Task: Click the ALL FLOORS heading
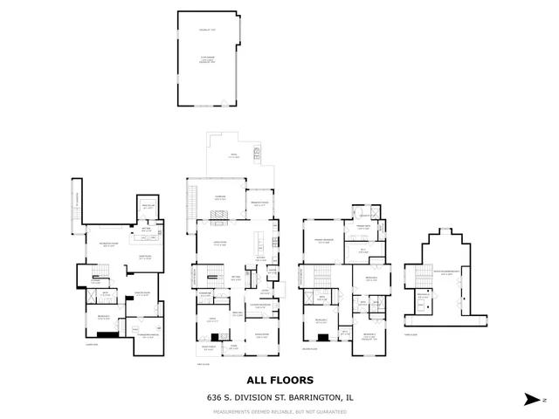point(279,380)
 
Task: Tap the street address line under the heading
point(279,397)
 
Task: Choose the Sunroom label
point(221,199)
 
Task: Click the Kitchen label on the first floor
point(260,258)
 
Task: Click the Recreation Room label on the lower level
point(109,245)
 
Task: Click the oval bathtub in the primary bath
point(361,213)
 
